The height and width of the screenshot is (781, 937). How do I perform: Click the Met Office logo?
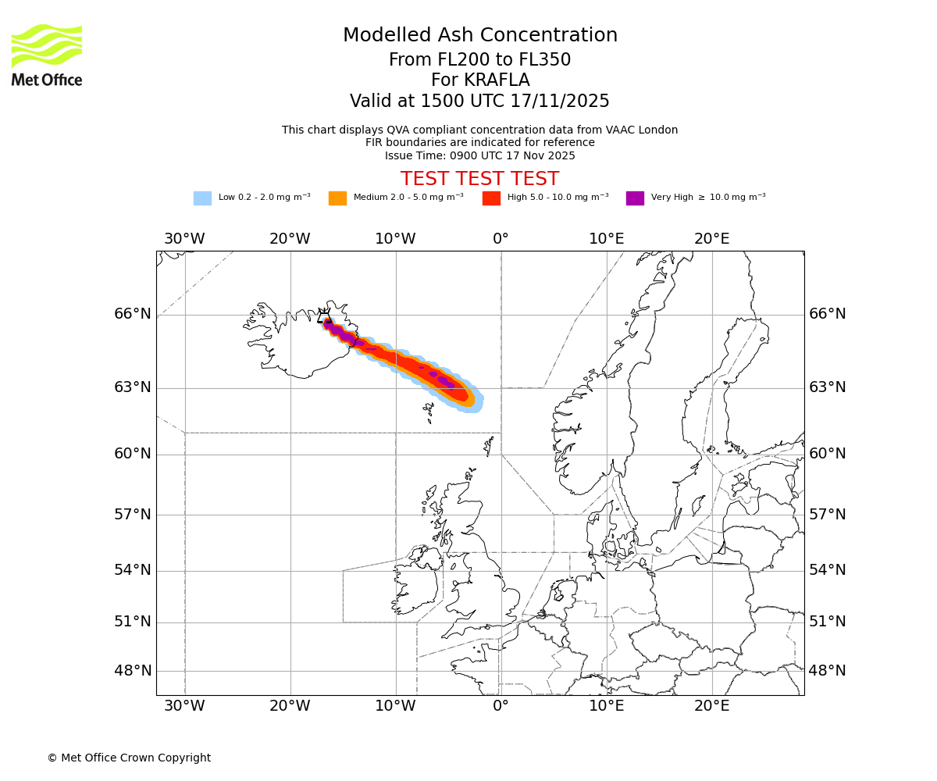47,55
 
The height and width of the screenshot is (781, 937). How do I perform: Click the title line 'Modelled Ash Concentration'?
480,36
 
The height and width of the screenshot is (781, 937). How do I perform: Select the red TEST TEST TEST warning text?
479,179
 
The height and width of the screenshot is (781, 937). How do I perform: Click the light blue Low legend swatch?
202,198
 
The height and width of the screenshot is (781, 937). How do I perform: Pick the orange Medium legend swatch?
337,198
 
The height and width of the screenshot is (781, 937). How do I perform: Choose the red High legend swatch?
491,198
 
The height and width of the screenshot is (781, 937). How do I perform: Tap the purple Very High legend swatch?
635,198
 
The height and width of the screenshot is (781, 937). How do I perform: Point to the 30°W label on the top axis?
184,239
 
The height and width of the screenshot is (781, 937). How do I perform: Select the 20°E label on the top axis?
712,239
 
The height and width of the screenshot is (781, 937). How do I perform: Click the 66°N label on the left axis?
133,314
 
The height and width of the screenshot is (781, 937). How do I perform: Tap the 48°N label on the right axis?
827,671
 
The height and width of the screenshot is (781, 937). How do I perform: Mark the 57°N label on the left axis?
133,515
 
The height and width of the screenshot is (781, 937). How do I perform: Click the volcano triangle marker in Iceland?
323,317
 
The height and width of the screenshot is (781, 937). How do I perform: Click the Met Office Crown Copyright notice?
129,758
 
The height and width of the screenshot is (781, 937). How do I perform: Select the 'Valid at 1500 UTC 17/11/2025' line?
479,102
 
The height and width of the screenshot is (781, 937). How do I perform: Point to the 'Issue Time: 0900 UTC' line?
479,155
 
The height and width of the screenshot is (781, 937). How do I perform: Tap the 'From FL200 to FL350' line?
479,60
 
